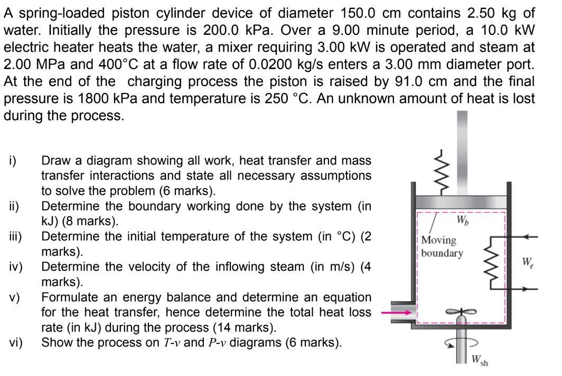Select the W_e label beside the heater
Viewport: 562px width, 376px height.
point(528,262)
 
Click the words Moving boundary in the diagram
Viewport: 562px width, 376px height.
point(442,246)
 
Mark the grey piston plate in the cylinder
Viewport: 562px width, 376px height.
point(462,203)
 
